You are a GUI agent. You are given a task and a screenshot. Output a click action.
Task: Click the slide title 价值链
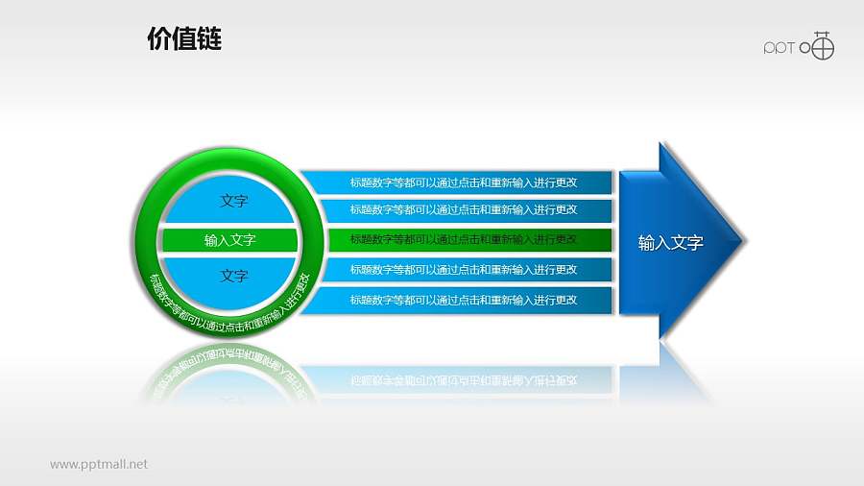click(x=184, y=38)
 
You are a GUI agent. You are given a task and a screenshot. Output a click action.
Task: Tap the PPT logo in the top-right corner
click(x=798, y=46)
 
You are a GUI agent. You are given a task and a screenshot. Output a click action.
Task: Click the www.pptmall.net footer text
click(x=99, y=465)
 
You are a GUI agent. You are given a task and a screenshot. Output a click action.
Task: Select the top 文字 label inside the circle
click(x=234, y=201)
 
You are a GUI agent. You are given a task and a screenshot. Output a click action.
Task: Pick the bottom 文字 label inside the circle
click(x=234, y=276)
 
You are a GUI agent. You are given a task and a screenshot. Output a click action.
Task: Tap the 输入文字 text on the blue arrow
click(x=671, y=243)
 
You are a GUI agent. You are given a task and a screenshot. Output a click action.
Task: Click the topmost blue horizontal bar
click(x=456, y=182)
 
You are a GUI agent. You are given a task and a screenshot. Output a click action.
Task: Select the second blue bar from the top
click(x=456, y=210)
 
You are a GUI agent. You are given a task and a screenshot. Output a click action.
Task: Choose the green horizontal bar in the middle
click(x=456, y=239)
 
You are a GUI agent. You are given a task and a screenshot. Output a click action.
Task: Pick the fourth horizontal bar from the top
click(x=456, y=270)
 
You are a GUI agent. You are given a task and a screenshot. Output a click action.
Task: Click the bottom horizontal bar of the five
click(x=456, y=300)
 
